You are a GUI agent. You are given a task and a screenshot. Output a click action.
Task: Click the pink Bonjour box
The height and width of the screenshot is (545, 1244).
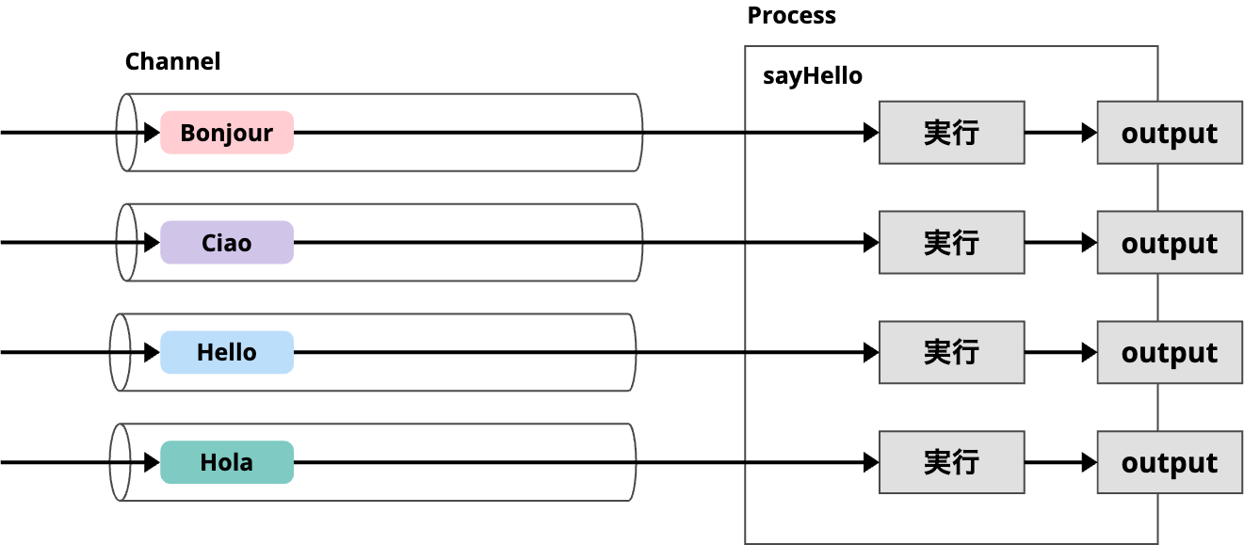click(227, 133)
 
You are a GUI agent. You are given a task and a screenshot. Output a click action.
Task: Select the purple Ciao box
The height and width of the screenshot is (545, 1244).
click(227, 243)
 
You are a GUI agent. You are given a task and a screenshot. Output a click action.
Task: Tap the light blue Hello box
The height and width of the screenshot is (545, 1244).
click(227, 352)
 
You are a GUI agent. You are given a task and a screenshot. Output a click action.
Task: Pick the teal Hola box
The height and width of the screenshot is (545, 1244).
click(227, 462)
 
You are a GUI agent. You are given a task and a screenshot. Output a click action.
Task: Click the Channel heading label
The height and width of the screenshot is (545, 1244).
click(172, 62)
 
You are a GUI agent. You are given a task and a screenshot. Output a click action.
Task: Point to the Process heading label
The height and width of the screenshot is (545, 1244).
click(791, 16)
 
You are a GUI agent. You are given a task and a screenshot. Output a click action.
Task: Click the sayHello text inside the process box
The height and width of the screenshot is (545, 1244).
click(812, 76)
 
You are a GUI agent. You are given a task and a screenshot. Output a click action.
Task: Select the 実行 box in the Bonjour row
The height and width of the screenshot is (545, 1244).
click(951, 133)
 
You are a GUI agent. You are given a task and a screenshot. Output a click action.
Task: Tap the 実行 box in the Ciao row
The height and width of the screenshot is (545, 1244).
click(951, 243)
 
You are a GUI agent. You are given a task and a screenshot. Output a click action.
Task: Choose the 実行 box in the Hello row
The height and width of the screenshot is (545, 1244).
click(951, 352)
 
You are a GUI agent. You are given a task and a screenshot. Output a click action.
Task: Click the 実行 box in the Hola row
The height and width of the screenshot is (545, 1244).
click(951, 462)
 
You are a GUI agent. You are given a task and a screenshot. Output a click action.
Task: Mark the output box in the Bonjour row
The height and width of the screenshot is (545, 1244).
click(1169, 133)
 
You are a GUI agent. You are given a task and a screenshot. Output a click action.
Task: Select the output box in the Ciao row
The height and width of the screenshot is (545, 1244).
click(1169, 243)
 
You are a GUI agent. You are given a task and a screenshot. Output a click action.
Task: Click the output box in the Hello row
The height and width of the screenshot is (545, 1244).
click(1169, 352)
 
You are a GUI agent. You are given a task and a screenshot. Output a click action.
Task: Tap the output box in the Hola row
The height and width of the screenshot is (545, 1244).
click(1169, 462)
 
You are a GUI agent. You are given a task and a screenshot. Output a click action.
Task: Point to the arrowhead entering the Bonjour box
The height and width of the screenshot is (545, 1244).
click(152, 133)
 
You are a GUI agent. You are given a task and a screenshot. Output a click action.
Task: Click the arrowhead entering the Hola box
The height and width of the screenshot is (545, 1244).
click(152, 462)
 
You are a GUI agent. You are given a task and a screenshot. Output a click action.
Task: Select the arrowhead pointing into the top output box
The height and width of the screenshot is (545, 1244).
click(1089, 133)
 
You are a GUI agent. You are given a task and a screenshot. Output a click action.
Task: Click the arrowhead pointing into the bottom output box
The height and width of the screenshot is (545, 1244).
click(1089, 462)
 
